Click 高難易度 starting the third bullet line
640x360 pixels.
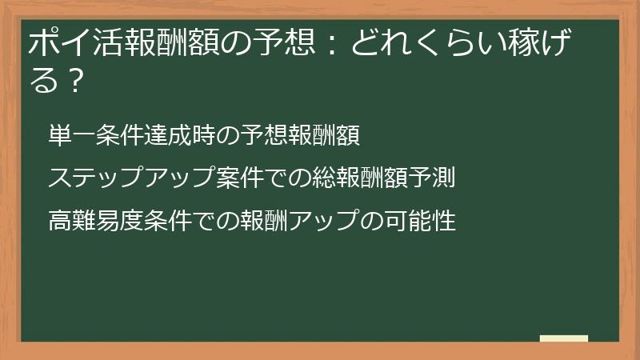96,221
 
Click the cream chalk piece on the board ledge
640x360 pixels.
563,338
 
